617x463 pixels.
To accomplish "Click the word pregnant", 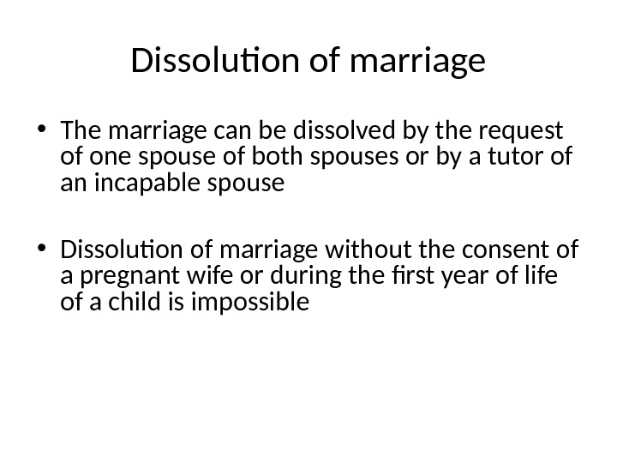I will (122, 276).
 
